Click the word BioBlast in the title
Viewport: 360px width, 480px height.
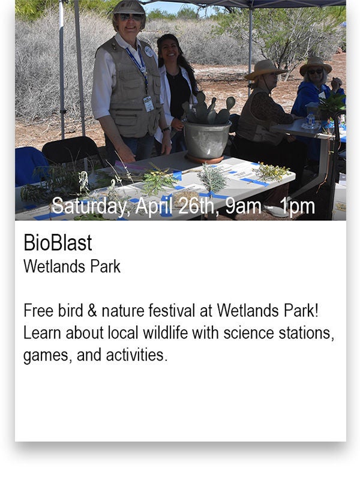pos(58,243)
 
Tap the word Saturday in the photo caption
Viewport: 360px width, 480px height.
pos(89,206)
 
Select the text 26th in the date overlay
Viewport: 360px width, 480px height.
pos(196,206)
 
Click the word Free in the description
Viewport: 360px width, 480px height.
pos(38,310)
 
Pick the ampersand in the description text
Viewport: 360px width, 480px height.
pos(92,310)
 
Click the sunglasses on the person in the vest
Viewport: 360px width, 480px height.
pos(131,17)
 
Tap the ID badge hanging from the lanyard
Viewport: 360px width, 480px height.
pos(148,104)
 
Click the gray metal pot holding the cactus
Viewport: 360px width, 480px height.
pos(207,140)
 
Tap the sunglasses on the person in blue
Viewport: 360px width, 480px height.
pos(315,71)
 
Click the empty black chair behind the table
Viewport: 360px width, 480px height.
pos(72,152)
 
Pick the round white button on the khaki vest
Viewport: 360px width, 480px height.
pos(148,52)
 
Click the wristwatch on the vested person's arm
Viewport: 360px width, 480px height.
pos(166,130)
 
